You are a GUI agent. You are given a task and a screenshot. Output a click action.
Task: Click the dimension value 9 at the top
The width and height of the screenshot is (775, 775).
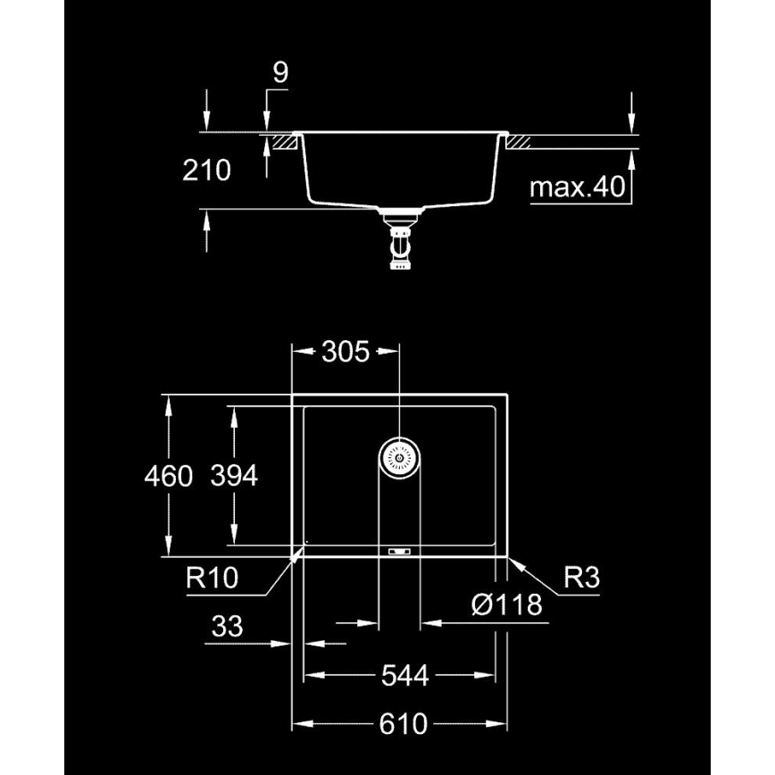(280, 73)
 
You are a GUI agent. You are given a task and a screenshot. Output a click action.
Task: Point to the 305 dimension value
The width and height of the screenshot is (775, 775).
(345, 352)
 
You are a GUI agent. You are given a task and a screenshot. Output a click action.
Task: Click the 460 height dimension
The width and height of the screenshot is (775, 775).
(168, 477)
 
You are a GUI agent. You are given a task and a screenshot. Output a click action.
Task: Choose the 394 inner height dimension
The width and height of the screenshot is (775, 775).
(234, 477)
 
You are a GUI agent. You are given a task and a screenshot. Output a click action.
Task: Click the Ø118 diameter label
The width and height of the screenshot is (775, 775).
(506, 605)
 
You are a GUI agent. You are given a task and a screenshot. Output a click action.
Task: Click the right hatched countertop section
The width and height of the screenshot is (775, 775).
(521, 140)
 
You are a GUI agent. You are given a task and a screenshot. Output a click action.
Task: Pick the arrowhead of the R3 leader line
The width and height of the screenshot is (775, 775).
(513, 560)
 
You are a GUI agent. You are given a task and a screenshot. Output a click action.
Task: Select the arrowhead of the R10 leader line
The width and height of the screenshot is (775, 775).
(298, 555)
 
